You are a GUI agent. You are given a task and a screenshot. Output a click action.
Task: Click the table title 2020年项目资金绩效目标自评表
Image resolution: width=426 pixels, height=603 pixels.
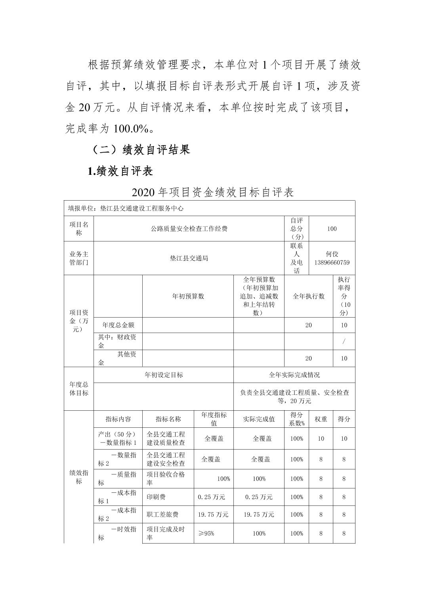(212, 192)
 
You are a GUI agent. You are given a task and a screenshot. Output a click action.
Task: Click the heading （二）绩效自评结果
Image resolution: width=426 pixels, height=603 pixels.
(140, 149)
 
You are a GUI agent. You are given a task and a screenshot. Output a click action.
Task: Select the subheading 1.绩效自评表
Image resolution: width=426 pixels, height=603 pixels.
(120, 171)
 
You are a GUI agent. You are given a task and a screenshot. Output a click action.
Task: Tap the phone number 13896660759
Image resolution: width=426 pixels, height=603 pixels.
(332, 262)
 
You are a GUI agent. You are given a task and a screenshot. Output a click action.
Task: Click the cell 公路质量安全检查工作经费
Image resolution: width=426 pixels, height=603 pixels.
(189, 229)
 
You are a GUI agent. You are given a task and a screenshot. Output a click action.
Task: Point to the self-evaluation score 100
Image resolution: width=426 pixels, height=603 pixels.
(332, 229)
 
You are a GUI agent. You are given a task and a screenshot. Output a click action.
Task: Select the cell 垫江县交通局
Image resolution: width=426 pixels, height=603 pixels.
(189, 258)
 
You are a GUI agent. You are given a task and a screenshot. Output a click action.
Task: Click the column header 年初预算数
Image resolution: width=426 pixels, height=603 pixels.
(188, 296)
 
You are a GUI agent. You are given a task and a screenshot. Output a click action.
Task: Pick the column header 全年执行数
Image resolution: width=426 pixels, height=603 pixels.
(308, 296)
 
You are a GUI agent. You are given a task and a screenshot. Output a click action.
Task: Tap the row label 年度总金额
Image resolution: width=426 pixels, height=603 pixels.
(118, 325)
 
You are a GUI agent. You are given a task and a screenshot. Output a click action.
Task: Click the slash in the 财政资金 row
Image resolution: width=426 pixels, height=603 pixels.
(344, 341)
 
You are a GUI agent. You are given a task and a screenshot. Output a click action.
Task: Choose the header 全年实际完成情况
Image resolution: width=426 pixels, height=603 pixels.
(294, 375)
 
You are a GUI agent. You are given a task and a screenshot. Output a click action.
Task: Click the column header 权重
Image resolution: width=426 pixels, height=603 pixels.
(321, 419)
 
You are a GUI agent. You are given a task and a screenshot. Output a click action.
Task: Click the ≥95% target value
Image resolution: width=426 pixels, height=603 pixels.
(206, 533)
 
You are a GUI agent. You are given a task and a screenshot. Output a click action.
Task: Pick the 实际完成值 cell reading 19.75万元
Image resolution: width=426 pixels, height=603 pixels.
(259, 515)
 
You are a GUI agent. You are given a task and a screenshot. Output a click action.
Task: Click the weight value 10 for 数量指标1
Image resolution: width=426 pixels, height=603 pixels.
(321, 438)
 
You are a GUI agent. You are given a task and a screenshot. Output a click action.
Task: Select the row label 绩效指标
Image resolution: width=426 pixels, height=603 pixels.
(78, 477)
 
